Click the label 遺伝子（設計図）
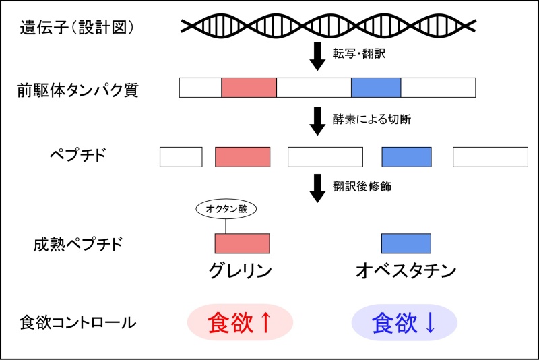tap(77, 28)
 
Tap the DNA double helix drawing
tap(328, 26)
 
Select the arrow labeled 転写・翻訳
tap(317, 56)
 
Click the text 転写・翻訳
tap(359, 53)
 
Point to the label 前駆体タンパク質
tap(77, 90)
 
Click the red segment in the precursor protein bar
tap(249, 88)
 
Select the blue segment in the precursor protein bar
tap(376, 88)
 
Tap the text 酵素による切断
tap(372, 119)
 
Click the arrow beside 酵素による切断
tap(317, 121)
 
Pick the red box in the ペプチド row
tap(243, 157)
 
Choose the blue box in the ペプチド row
tap(407, 157)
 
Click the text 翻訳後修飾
tap(362, 186)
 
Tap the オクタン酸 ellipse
tap(226, 209)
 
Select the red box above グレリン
tap(243, 243)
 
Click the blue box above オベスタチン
tap(406, 243)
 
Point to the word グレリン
tap(241, 271)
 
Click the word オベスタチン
tap(406, 271)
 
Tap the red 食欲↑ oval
tap(240, 322)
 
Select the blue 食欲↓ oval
tap(404, 322)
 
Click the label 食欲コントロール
tap(77, 322)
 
